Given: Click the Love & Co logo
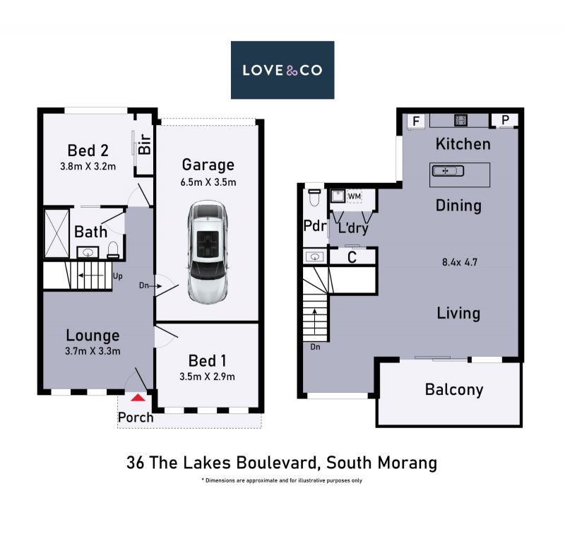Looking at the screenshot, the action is (282, 70).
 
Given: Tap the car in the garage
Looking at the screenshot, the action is (208, 251).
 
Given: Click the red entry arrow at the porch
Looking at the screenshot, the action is (138, 398).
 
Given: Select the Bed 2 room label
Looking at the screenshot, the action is (88, 150).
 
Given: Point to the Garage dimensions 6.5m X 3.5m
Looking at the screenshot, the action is (208, 182).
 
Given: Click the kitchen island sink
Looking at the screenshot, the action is (448, 171).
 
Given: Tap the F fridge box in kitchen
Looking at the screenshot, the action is (416, 121).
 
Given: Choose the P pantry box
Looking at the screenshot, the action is (505, 120).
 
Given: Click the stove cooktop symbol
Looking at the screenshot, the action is (460, 120).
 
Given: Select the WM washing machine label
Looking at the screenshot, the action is (355, 197).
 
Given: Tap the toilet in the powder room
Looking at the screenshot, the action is (314, 198).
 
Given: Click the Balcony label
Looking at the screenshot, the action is (454, 390).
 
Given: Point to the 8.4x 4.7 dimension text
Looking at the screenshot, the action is (460, 262).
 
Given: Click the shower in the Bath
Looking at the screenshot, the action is (56, 233).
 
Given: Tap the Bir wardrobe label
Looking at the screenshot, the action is (145, 144).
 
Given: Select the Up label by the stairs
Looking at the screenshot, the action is (118, 276).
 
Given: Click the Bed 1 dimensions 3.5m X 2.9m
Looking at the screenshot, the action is (207, 377).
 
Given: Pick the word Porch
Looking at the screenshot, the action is (136, 417).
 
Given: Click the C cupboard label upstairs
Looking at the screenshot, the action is (352, 258).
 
